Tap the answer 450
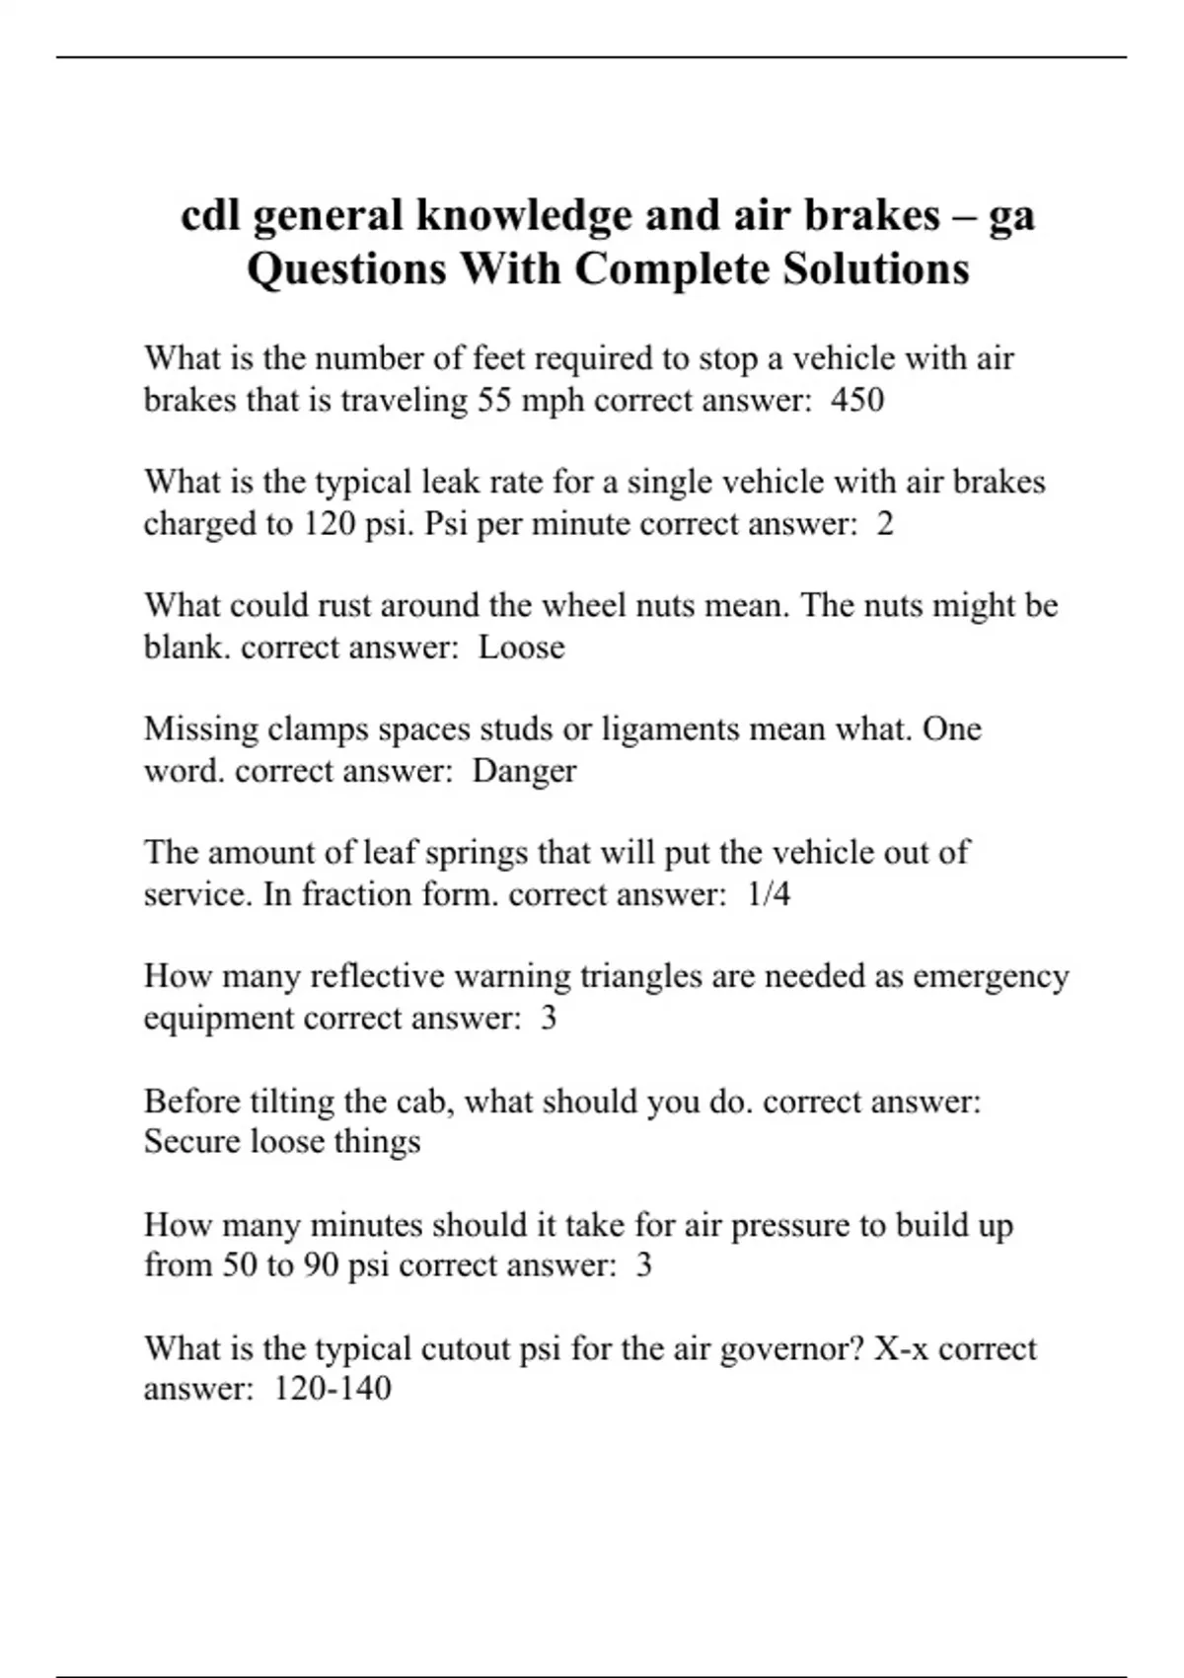pyautogui.click(x=857, y=400)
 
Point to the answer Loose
pyautogui.click(x=521, y=648)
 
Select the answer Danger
pyautogui.click(x=524, y=771)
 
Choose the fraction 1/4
pyautogui.click(x=769, y=894)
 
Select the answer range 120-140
pyautogui.click(x=332, y=1389)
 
